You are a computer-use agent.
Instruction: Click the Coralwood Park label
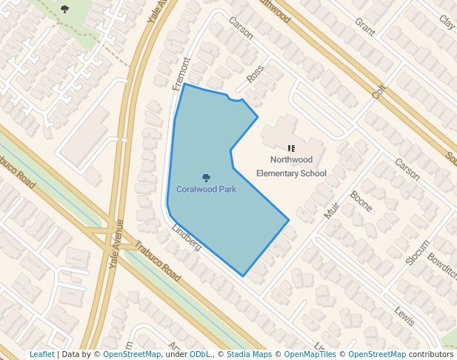pos(206,190)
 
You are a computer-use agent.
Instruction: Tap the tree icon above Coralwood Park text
pos(206,178)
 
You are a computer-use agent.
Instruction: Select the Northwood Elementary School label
pos(291,167)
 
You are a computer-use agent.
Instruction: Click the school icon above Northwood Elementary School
pos(291,148)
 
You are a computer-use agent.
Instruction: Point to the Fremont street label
pos(180,75)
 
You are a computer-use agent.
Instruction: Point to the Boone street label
pos(361,201)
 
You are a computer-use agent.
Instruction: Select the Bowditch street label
pos(441,267)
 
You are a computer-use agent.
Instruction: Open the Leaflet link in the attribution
pos(41,355)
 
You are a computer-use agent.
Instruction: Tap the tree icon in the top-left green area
pos(65,10)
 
